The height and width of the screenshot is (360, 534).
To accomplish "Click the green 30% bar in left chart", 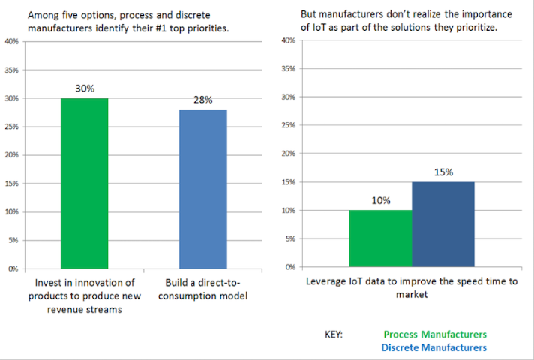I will pos(84,183).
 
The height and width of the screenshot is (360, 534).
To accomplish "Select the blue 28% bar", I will pos(203,188).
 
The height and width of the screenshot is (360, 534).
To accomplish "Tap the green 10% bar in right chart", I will pos(380,238).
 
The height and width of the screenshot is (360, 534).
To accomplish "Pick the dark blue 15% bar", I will pos(442,224).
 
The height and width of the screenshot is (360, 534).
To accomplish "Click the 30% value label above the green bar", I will pos(85,88).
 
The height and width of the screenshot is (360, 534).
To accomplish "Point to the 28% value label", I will pos(203,100).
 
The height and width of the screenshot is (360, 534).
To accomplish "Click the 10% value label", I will pos(380,200).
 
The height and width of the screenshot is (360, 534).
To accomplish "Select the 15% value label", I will pos(443,172).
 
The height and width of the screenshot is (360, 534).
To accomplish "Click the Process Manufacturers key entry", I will pos(434,334).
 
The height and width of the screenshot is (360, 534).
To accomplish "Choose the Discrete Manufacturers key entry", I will pos(433,347).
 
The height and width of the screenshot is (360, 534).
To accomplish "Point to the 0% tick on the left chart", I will pos(13,268).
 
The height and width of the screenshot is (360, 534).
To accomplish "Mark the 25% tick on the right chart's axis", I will pos(288,125).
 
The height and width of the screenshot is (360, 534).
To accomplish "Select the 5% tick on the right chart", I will pos(290,238).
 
